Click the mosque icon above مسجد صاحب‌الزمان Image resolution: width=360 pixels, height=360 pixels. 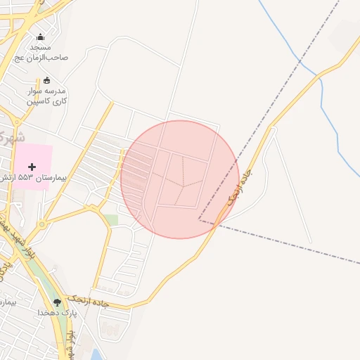tap(40, 37)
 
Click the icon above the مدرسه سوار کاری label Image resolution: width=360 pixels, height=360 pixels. tap(47, 80)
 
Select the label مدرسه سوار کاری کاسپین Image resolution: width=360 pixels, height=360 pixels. tap(46, 96)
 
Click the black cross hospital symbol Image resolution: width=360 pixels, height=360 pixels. tap(32, 167)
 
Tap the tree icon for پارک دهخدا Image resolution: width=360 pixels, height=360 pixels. tap(57, 302)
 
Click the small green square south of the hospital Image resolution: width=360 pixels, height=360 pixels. tap(112, 220)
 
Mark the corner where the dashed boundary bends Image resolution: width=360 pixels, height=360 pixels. tap(200, 221)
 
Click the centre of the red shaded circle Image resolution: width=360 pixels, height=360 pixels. tap(180, 179)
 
